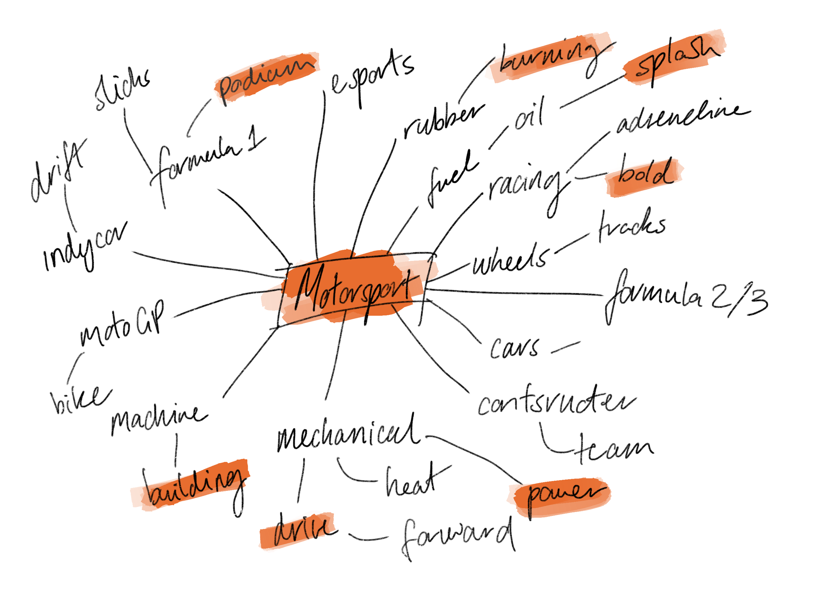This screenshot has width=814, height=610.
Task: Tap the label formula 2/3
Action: click(684, 298)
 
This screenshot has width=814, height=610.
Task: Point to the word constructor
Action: click(556, 403)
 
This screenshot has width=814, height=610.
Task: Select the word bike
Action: click(79, 399)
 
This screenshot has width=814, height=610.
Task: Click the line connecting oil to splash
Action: click(593, 92)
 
